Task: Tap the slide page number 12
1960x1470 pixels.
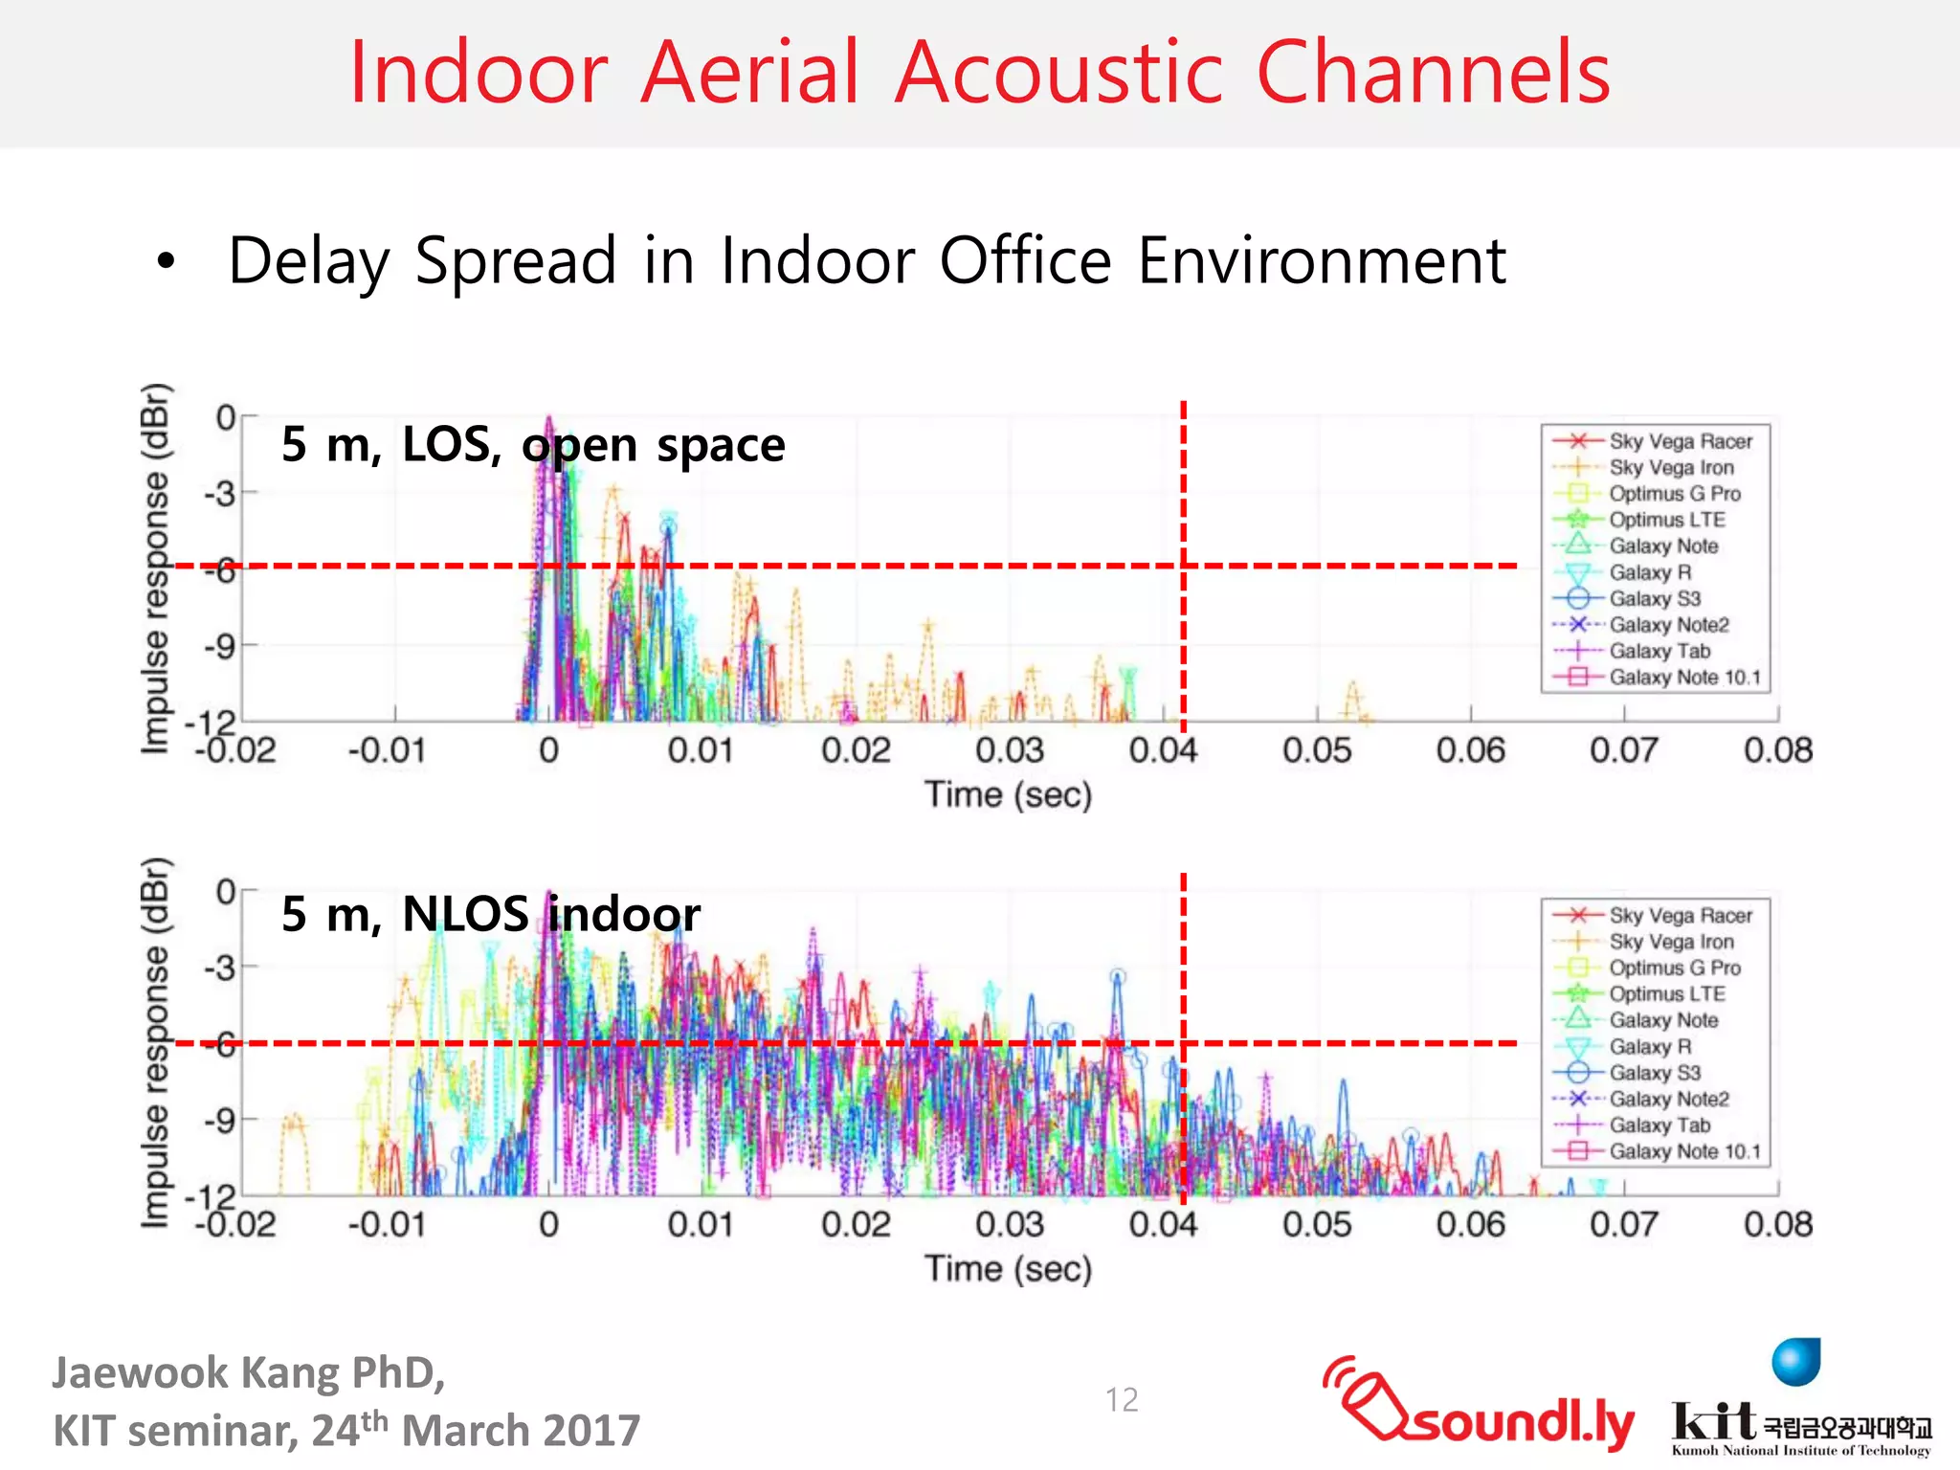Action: coord(1122,1400)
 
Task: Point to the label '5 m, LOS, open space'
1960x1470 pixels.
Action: coord(533,444)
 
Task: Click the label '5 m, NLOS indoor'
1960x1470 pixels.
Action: coord(490,914)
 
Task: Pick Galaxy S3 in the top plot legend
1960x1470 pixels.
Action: coord(1654,599)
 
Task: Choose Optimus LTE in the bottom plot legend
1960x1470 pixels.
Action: coord(1666,994)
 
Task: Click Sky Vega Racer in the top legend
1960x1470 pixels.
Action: coord(1680,441)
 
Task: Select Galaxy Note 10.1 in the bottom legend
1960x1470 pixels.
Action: coord(1684,1151)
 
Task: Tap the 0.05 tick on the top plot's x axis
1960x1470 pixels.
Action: coord(1317,750)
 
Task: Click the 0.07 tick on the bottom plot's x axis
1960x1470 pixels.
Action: coord(1624,1224)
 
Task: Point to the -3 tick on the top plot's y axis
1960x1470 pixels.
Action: coord(219,494)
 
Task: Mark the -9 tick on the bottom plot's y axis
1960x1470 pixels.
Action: coord(219,1120)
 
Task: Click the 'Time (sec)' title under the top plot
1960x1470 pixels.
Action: coord(1008,794)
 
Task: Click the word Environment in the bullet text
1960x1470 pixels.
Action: coord(1322,260)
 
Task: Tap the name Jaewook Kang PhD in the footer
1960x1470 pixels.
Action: coord(249,1372)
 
